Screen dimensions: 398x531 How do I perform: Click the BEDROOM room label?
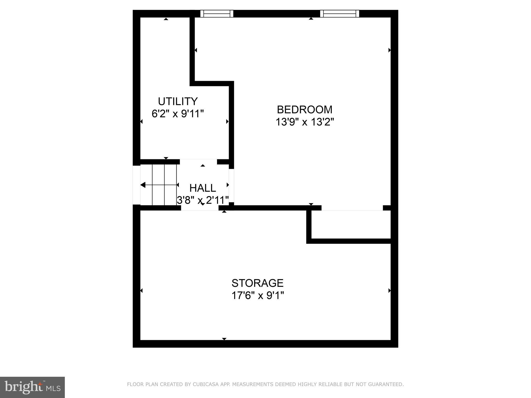click(x=304, y=110)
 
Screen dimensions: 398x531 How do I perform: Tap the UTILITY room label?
click(x=178, y=101)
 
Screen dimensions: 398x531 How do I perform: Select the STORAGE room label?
click(x=257, y=283)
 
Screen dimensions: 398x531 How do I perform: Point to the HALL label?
click(x=202, y=188)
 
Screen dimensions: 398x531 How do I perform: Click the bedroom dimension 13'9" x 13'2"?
click(x=304, y=122)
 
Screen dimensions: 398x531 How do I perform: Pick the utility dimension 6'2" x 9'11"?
click(x=178, y=113)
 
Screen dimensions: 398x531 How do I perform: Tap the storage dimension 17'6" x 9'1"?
click(x=257, y=295)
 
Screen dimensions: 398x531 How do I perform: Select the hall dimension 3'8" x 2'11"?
click(x=202, y=200)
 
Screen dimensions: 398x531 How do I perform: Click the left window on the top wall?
click(x=217, y=13)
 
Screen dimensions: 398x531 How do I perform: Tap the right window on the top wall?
click(x=340, y=13)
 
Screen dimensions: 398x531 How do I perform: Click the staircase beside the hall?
click(x=159, y=185)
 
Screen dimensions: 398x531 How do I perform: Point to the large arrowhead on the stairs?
click(x=143, y=185)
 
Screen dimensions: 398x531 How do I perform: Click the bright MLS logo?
click(x=32, y=387)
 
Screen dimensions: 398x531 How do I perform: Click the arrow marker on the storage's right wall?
click(x=389, y=291)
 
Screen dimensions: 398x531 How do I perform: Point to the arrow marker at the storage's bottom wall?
click(x=224, y=339)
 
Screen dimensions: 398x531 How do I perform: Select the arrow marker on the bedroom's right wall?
click(x=389, y=50)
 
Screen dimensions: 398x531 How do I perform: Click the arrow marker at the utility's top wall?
click(x=166, y=19)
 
